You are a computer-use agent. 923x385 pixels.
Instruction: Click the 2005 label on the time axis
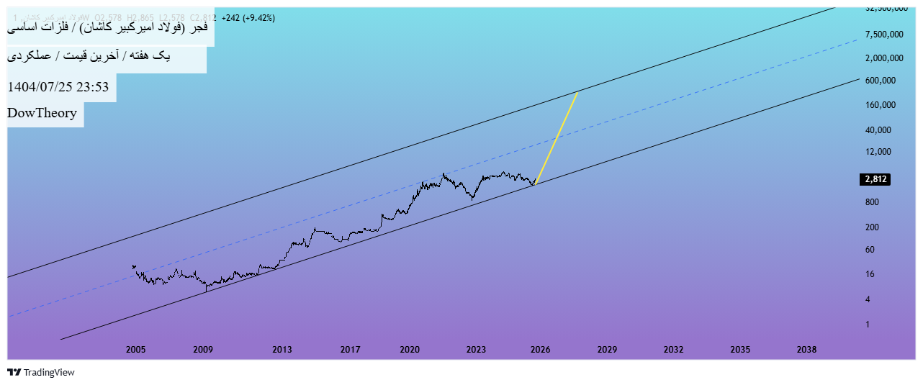click(x=136, y=350)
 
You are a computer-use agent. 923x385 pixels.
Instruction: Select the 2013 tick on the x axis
click(x=282, y=350)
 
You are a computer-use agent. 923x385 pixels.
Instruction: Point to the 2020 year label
click(x=410, y=350)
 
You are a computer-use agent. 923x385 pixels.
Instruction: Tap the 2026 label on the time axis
click(x=540, y=350)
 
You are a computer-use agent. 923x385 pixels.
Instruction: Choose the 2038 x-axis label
click(x=806, y=350)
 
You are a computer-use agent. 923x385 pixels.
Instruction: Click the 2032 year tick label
click(x=673, y=350)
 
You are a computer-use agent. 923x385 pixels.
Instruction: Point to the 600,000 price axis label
click(x=880, y=81)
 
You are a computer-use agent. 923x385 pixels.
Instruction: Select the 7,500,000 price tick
click(x=884, y=34)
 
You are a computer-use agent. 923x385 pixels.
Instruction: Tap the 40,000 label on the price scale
click(x=878, y=130)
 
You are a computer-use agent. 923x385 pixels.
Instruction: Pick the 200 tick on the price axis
click(x=872, y=227)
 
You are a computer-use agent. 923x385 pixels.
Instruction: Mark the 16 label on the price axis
click(x=870, y=274)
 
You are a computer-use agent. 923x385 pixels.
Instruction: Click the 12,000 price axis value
click(x=878, y=152)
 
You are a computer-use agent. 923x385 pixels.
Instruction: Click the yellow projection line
click(x=557, y=138)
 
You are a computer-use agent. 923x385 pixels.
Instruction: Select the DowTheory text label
click(x=42, y=113)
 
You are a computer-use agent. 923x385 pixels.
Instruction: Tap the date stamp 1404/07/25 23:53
click(x=58, y=88)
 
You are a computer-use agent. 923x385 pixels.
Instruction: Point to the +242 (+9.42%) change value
click(x=248, y=17)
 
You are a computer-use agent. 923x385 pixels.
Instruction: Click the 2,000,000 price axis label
click(x=884, y=58)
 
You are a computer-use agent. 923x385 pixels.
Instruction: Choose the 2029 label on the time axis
click(x=607, y=350)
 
